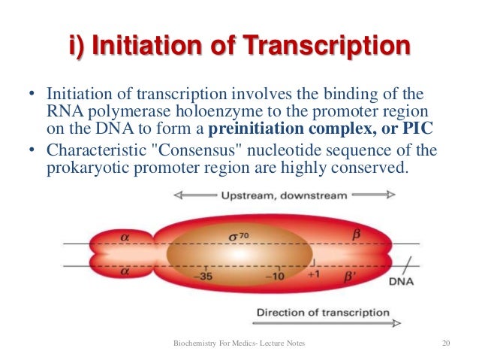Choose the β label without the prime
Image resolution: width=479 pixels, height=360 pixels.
[x=357, y=235]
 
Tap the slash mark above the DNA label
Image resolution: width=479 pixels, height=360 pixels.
[x=406, y=265]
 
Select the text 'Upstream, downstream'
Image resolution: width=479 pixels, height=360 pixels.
[x=284, y=196]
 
